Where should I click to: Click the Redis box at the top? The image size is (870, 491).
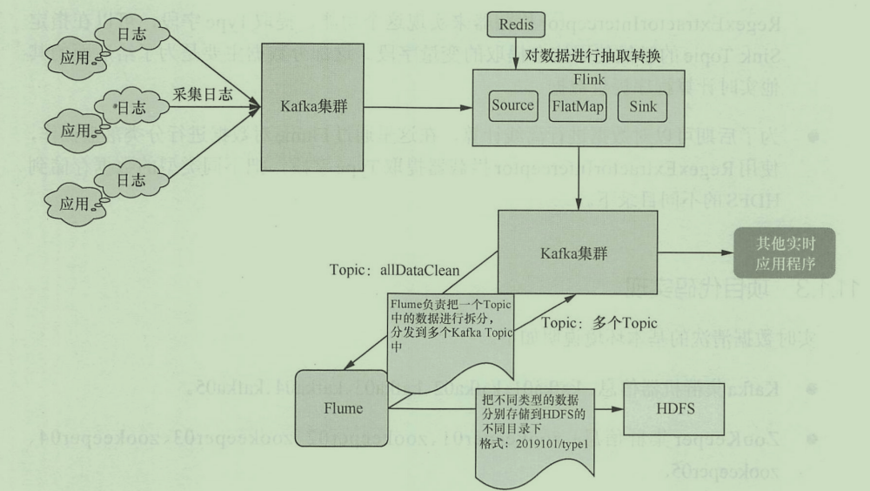pos(516,24)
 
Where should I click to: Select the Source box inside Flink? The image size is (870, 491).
pos(512,106)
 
